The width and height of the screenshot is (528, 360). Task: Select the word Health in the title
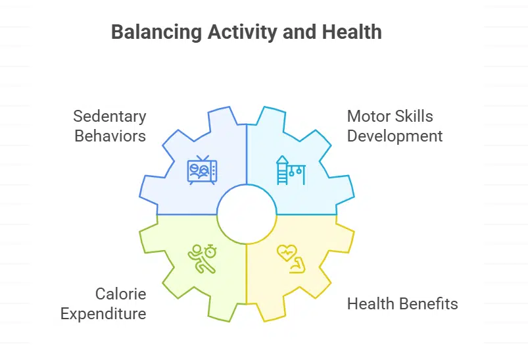pyautogui.click(x=352, y=32)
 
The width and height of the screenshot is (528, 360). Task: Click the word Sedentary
pyautogui.click(x=109, y=116)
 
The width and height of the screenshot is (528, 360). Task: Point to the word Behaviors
pyautogui.click(x=110, y=136)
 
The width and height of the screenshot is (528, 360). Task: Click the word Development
pyautogui.click(x=395, y=136)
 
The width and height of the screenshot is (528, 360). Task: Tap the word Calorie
pyautogui.click(x=120, y=294)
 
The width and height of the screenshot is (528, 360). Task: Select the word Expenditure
pyautogui.click(x=103, y=313)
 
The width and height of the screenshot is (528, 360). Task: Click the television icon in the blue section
pyautogui.click(x=202, y=170)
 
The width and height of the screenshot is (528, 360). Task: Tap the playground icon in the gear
pyautogui.click(x=290, y=170)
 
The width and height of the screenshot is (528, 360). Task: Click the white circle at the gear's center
pyautogui.click(x=246, y=215)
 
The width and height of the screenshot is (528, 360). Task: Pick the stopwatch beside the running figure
pyautogui.click(x=210, y=251)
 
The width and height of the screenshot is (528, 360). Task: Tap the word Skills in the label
pyautogui.click(x=414, y=116)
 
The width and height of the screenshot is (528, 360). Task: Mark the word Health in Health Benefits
pyautogui.click(x=369, y=304)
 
